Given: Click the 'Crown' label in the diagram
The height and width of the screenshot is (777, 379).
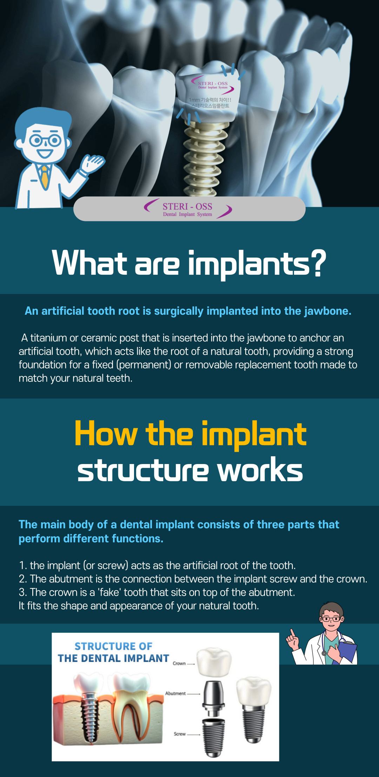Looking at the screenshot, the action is [179, 663].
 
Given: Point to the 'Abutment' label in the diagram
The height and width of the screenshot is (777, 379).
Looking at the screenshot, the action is [175, 693].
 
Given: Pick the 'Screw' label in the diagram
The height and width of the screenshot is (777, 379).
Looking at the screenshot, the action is [180, 734].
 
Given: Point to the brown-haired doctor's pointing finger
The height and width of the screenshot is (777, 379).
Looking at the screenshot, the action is [291, 632].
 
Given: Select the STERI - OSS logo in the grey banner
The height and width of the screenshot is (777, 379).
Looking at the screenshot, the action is [188, 209].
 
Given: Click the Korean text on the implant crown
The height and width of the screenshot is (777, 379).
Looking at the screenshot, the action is [210, 103].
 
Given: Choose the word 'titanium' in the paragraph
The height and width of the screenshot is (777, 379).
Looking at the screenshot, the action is [48, 338].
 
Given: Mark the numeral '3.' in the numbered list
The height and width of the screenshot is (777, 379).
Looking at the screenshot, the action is [23, 593].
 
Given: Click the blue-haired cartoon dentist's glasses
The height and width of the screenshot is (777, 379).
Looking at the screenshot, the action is [45, 141].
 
